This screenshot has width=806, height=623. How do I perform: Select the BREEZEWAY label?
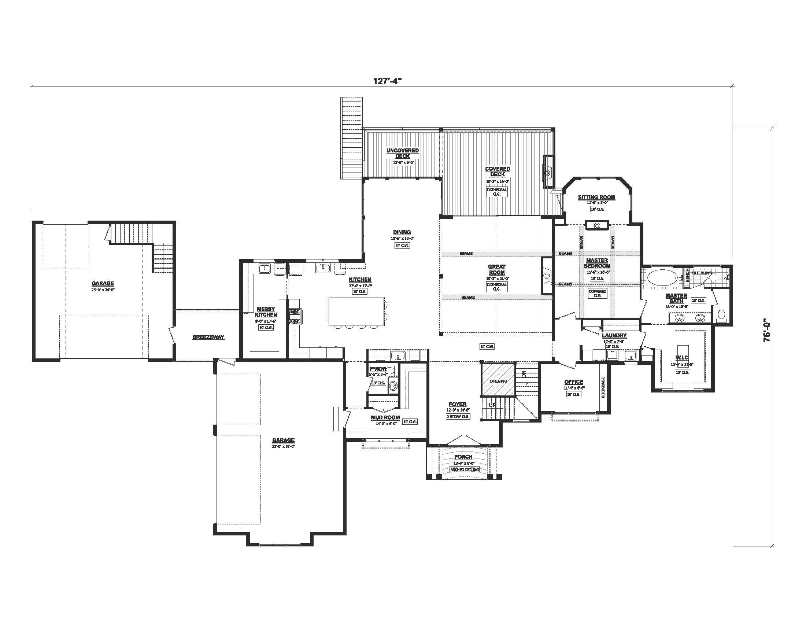208,337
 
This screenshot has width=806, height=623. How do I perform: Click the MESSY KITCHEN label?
266,312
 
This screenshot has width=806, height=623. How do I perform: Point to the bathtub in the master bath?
663,277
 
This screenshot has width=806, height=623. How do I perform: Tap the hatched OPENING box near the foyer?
498,380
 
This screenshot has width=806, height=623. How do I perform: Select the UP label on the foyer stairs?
492,405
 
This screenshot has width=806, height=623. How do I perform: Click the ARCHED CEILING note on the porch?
464,469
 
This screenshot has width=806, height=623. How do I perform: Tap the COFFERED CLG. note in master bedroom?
598,294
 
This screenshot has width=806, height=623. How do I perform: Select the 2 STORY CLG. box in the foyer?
458,417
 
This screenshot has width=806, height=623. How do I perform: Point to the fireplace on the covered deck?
548,172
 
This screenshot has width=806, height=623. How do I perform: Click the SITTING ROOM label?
596,197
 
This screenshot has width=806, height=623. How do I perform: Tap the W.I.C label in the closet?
682,358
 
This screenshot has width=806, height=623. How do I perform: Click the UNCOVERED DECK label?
402,153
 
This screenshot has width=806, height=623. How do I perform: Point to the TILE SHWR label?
701,273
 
